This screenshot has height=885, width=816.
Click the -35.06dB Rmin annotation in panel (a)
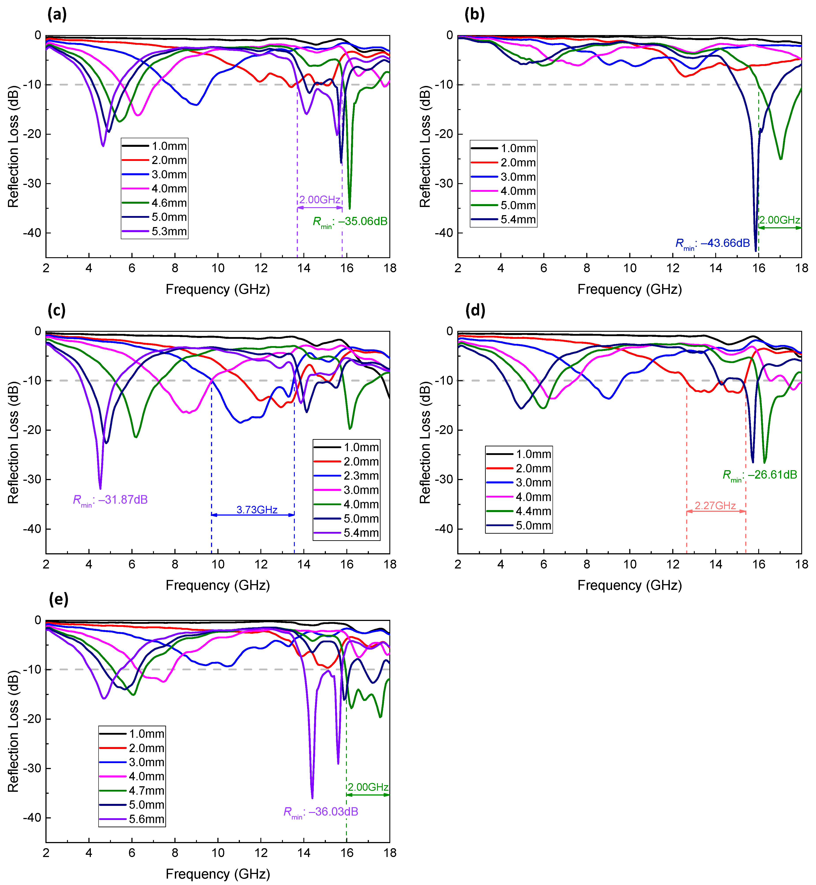pyautogui.click(x=350, y=222)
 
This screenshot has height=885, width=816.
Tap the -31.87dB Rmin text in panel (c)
pyautogui.click(x=110, y=500)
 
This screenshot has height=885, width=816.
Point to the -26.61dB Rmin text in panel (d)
pyautogui.click(x=760, y=475)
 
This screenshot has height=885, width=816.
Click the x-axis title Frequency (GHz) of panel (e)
pyautogui.click(x=218, y=874)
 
